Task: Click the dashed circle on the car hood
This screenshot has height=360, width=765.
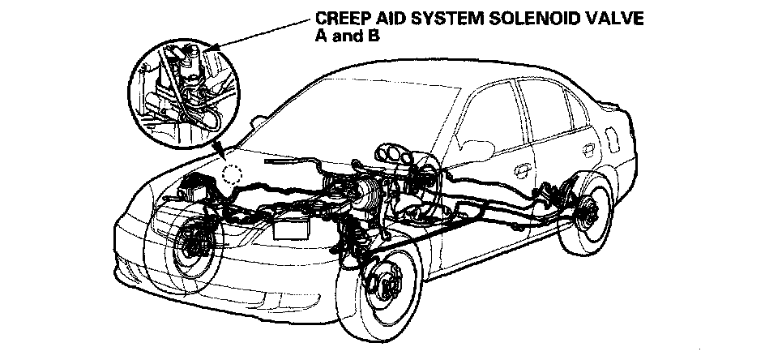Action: (x=233, y=173)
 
